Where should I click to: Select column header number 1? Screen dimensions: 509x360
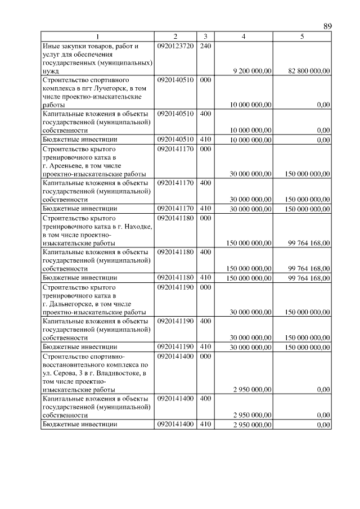pos(98,37)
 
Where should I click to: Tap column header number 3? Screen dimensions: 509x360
pos(205,37)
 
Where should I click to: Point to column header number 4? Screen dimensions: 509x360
pos(243,37)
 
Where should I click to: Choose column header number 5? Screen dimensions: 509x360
pos(302,37)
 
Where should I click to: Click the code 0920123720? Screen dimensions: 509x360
pos(175,46)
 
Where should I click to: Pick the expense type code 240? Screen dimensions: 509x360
pos(205,46)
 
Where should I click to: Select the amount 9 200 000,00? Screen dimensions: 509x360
pos(252,71)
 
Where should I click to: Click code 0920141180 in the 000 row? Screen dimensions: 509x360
pos(175,217)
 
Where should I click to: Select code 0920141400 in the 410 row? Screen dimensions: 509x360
pos(175,425)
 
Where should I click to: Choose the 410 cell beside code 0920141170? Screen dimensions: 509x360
pos(205,209)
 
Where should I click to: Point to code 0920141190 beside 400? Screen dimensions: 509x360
pos(175,321)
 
